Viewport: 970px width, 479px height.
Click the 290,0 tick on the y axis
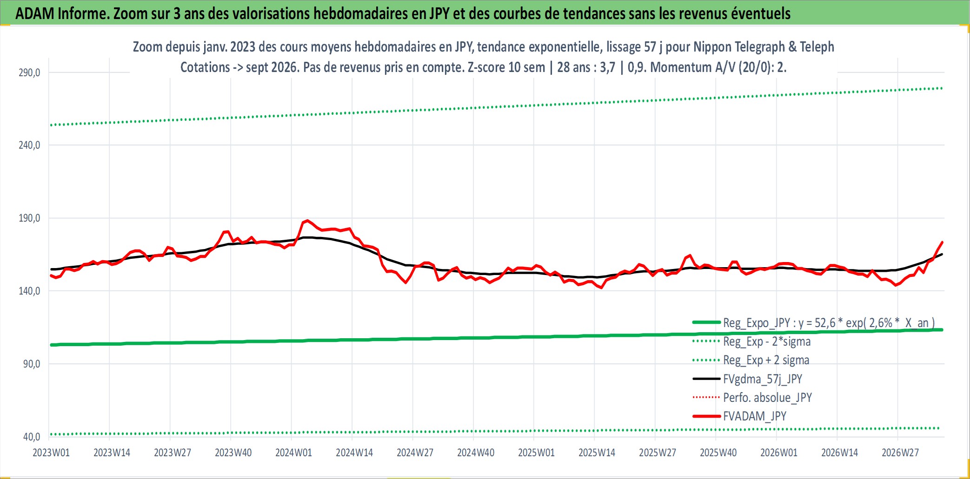[29, 72]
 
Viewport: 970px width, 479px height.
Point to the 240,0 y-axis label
[29, 145]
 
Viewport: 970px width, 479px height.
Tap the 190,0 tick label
[29, 218]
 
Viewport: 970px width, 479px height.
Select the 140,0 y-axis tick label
[29, 291]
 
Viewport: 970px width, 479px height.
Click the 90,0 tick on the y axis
[32, 364]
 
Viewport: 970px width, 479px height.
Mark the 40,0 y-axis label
[32, 437]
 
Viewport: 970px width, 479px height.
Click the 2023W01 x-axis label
[51, 453]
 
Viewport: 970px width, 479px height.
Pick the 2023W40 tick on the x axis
[233, 453]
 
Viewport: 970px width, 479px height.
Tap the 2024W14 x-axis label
[354, 453]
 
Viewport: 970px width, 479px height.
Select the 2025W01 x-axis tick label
[536, 453]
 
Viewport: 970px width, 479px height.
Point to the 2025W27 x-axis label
[658, 453]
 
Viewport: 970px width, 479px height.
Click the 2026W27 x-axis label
[900, 453]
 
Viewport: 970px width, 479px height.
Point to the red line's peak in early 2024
[307, 220]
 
